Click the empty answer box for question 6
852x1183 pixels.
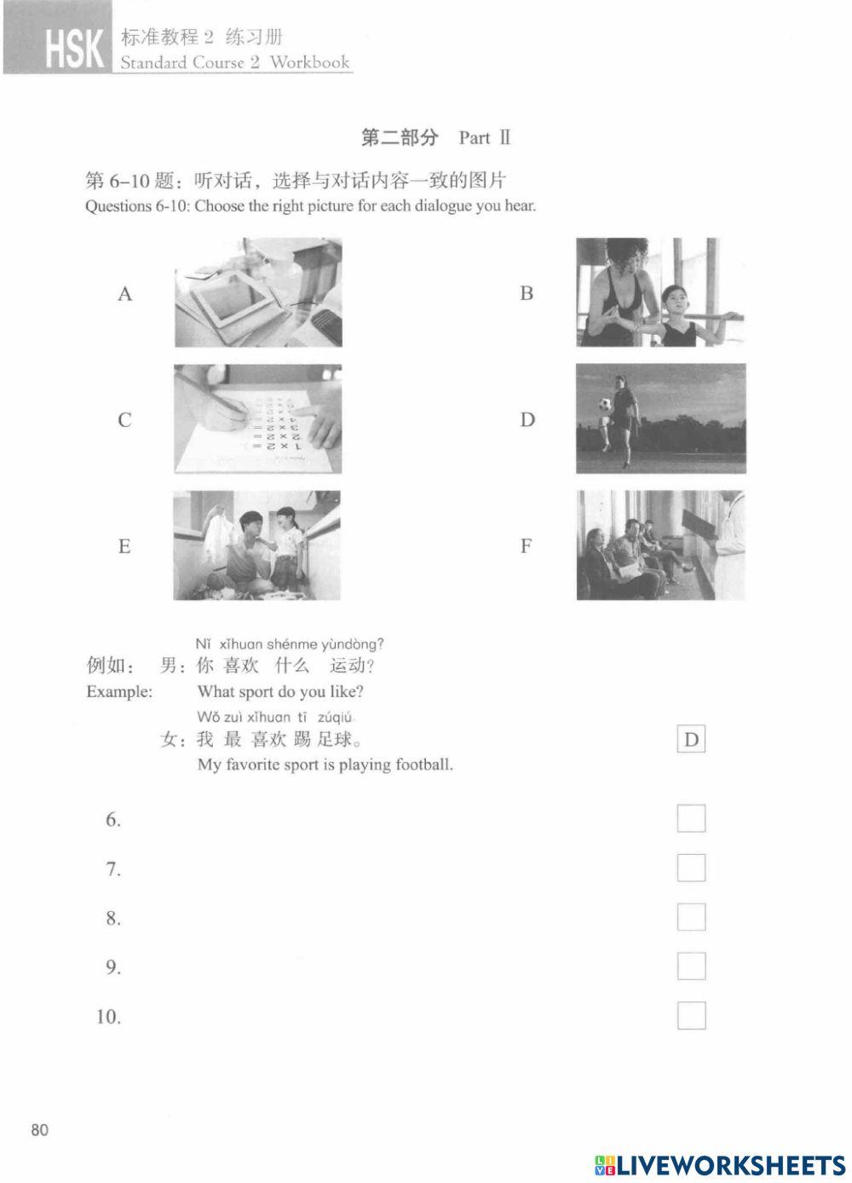691,818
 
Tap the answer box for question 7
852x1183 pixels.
691,868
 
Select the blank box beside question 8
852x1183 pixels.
691,917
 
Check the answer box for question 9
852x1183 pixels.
691,967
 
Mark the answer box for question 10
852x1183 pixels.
691,1016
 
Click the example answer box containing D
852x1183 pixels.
691,740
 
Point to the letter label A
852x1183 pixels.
125,295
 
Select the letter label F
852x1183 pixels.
527,546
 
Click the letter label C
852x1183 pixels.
125,420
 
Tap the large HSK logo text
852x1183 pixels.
74,49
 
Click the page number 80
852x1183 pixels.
40,1130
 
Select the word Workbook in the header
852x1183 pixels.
309,62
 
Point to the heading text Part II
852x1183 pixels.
484,138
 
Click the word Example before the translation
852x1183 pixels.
119,692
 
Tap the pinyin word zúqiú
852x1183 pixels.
335,718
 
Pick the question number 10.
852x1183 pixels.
108,1017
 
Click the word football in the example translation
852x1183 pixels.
423,765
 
